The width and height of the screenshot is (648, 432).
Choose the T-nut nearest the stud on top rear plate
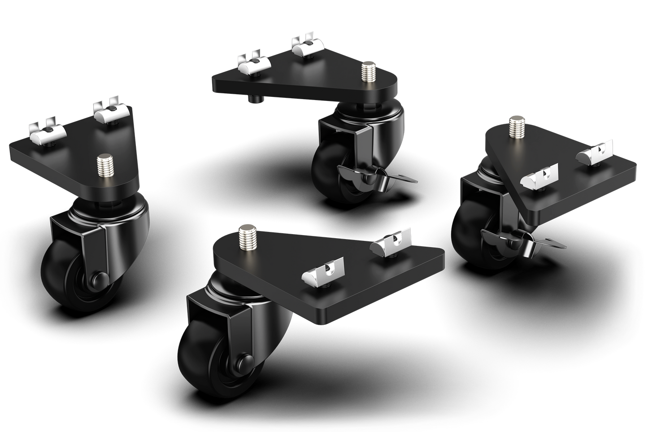tap(306, 45)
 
